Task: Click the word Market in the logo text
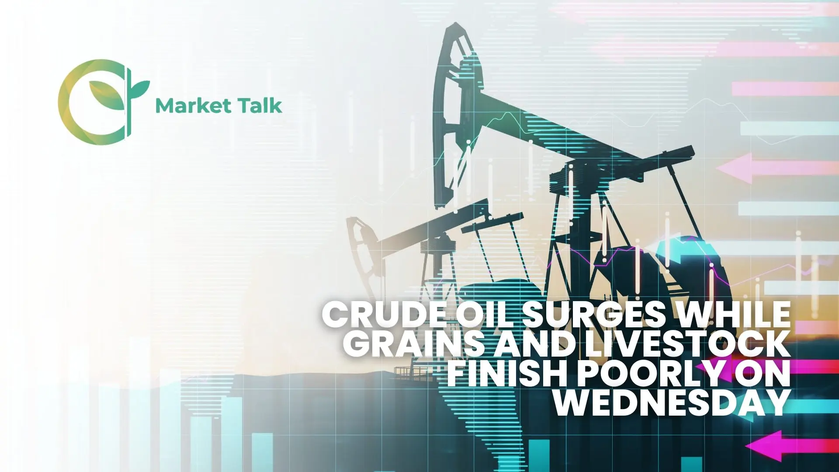[193, 106]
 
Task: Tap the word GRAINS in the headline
[417, 344]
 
